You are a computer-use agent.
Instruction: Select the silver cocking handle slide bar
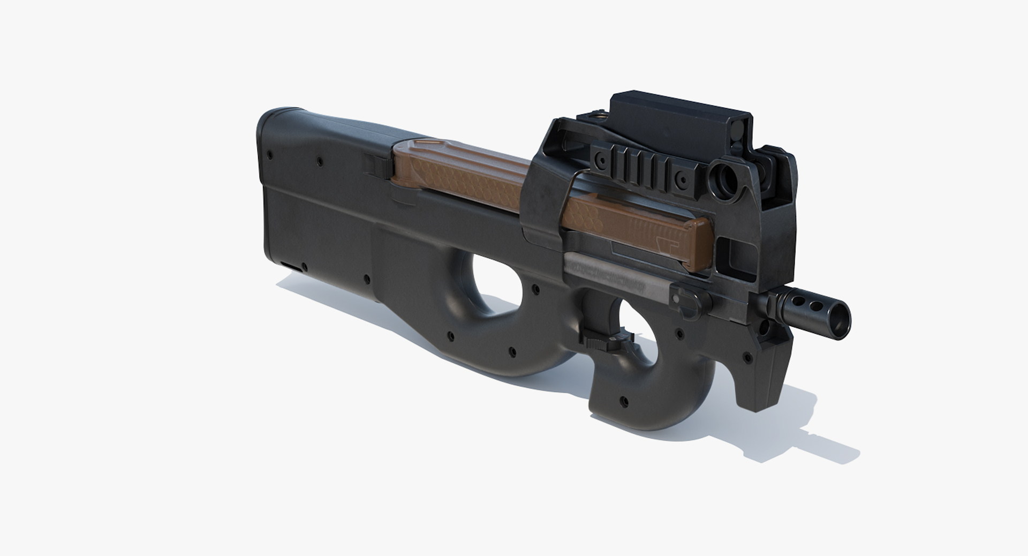(x=616, y=273)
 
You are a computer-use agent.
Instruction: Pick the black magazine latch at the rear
(x=380, y=163)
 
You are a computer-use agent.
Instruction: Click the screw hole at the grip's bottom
(x=623, y=400)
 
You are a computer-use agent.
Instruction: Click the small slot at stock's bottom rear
(x=290, y=266)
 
